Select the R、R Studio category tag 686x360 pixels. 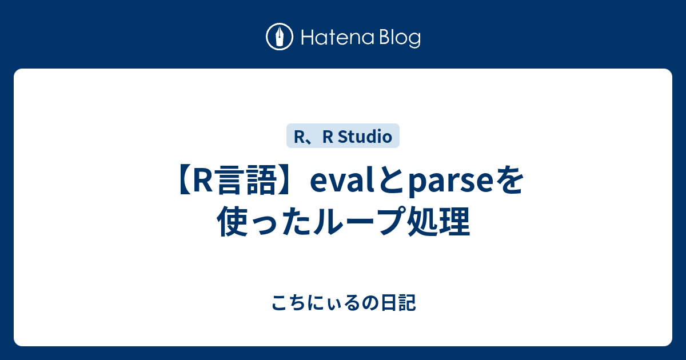(342, 137)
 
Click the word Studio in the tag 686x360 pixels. (365, 137)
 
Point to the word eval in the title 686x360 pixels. (337, 184)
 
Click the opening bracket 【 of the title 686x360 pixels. (180, 184)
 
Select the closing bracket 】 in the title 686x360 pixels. (289, 184)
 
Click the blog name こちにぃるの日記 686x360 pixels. (343, 303)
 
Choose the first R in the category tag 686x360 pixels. (297, 137)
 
